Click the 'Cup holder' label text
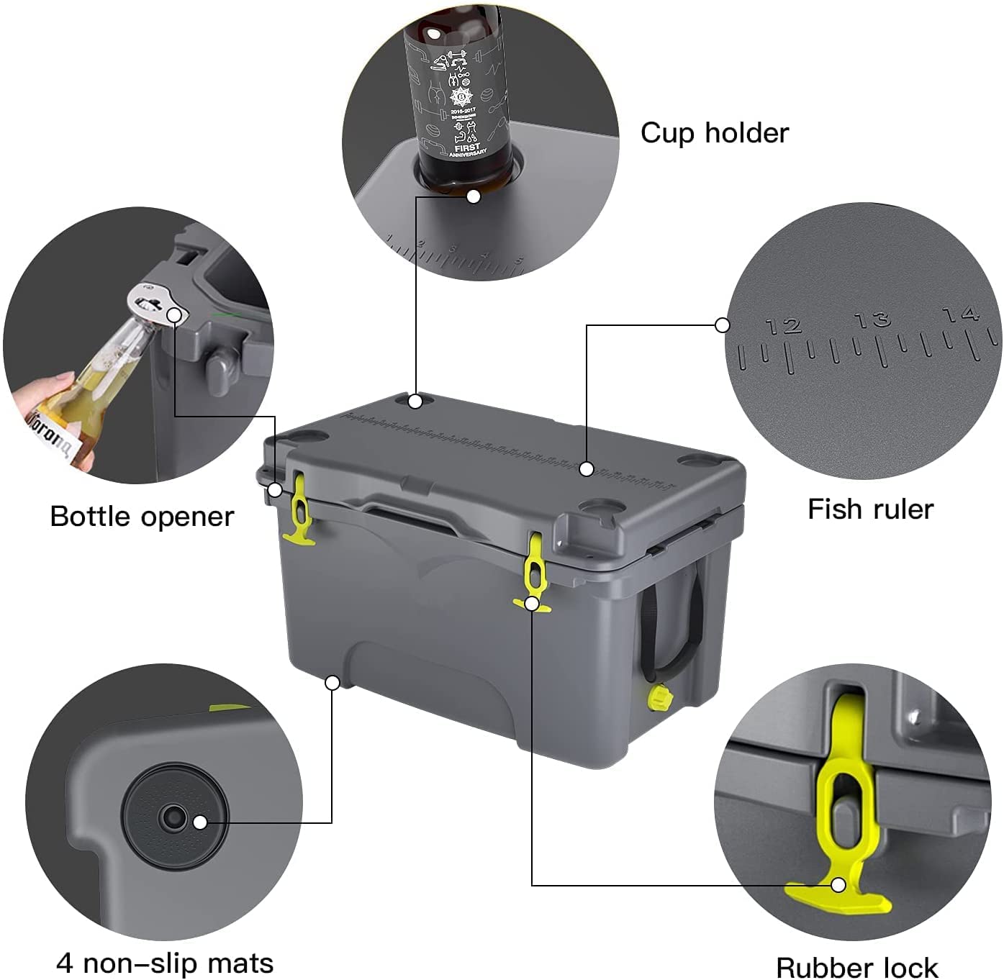click(x=714, y=133)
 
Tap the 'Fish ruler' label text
click(x=869, y=509)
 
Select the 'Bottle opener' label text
click(x=142, y=517)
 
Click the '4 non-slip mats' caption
click(x=165, y=963)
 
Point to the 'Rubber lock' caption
click(x=856, y=966)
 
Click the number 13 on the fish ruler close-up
click(x=872, y=319)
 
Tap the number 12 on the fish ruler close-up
click(x=784, y=327)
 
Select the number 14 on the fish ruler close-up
click(x=961, y=314)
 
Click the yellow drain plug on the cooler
click(x=658, y=697)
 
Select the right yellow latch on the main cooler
click(x=533, y=572)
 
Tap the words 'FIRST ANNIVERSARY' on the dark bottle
click(x=467, y=149)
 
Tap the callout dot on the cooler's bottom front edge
click(x=332, y=682)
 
